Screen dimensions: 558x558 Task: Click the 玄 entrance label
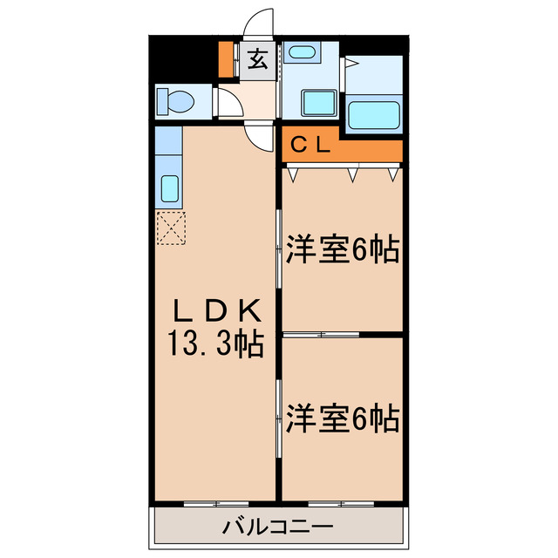[258, 61]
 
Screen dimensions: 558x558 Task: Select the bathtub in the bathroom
[373, 114]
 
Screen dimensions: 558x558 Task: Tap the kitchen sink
[170, 187]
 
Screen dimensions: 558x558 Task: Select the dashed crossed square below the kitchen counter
[171, 228]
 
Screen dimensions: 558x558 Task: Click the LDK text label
[214, 310]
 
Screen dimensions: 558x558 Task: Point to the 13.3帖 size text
[214, 344]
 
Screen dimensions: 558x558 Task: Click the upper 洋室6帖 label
[342, 251]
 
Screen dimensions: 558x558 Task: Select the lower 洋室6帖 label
[342, 418]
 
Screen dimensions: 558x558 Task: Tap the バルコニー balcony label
[276, 527]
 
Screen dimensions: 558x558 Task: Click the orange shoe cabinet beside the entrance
[226, 59]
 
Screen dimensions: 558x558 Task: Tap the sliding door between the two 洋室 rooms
[323, 334]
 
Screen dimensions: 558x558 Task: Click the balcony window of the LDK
[215, 503]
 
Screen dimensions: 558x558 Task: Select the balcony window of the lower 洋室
[340, 503]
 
